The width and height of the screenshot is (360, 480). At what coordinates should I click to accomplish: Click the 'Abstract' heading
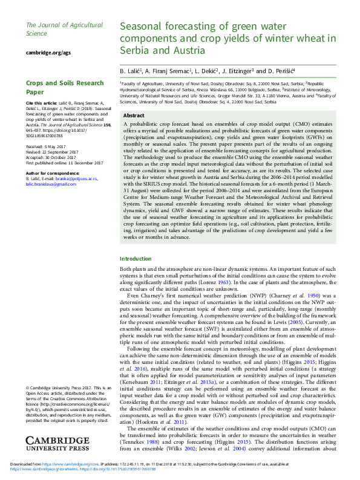[x=133, y=115]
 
